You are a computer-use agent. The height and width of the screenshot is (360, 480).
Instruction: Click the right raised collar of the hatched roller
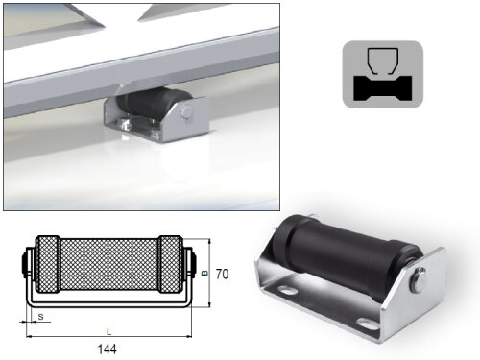click(x=170, y=264)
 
